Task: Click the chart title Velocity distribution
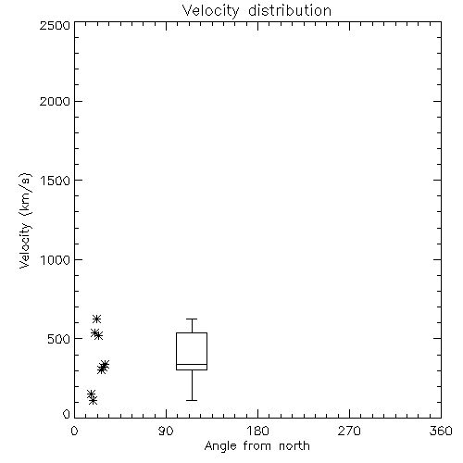tap(257, 11)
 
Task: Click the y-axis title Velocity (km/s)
tap(25, 220)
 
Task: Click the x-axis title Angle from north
tap(257, 446)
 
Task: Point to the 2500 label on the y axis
tap(55, 25)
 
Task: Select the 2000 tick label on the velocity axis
tap(55, 101)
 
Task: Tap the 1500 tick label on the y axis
tap(56, 181)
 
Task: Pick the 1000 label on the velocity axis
tap(56, 259)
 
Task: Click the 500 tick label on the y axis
tap(59, 339)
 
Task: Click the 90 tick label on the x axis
tap(166, 431)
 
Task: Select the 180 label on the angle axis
tap(257, 431)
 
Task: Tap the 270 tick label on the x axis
tap(349, 431)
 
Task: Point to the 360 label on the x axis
tap(441, 431)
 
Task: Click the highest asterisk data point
tap(97, 319)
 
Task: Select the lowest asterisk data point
tap(93, 400)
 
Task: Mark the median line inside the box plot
tap(192, 364)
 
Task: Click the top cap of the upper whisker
tap(192, 319)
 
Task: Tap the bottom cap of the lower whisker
tap(192, 400)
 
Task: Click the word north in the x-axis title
tap(294, 446)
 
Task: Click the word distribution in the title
tap(290, 11)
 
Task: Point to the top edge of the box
tap(192, 332)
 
